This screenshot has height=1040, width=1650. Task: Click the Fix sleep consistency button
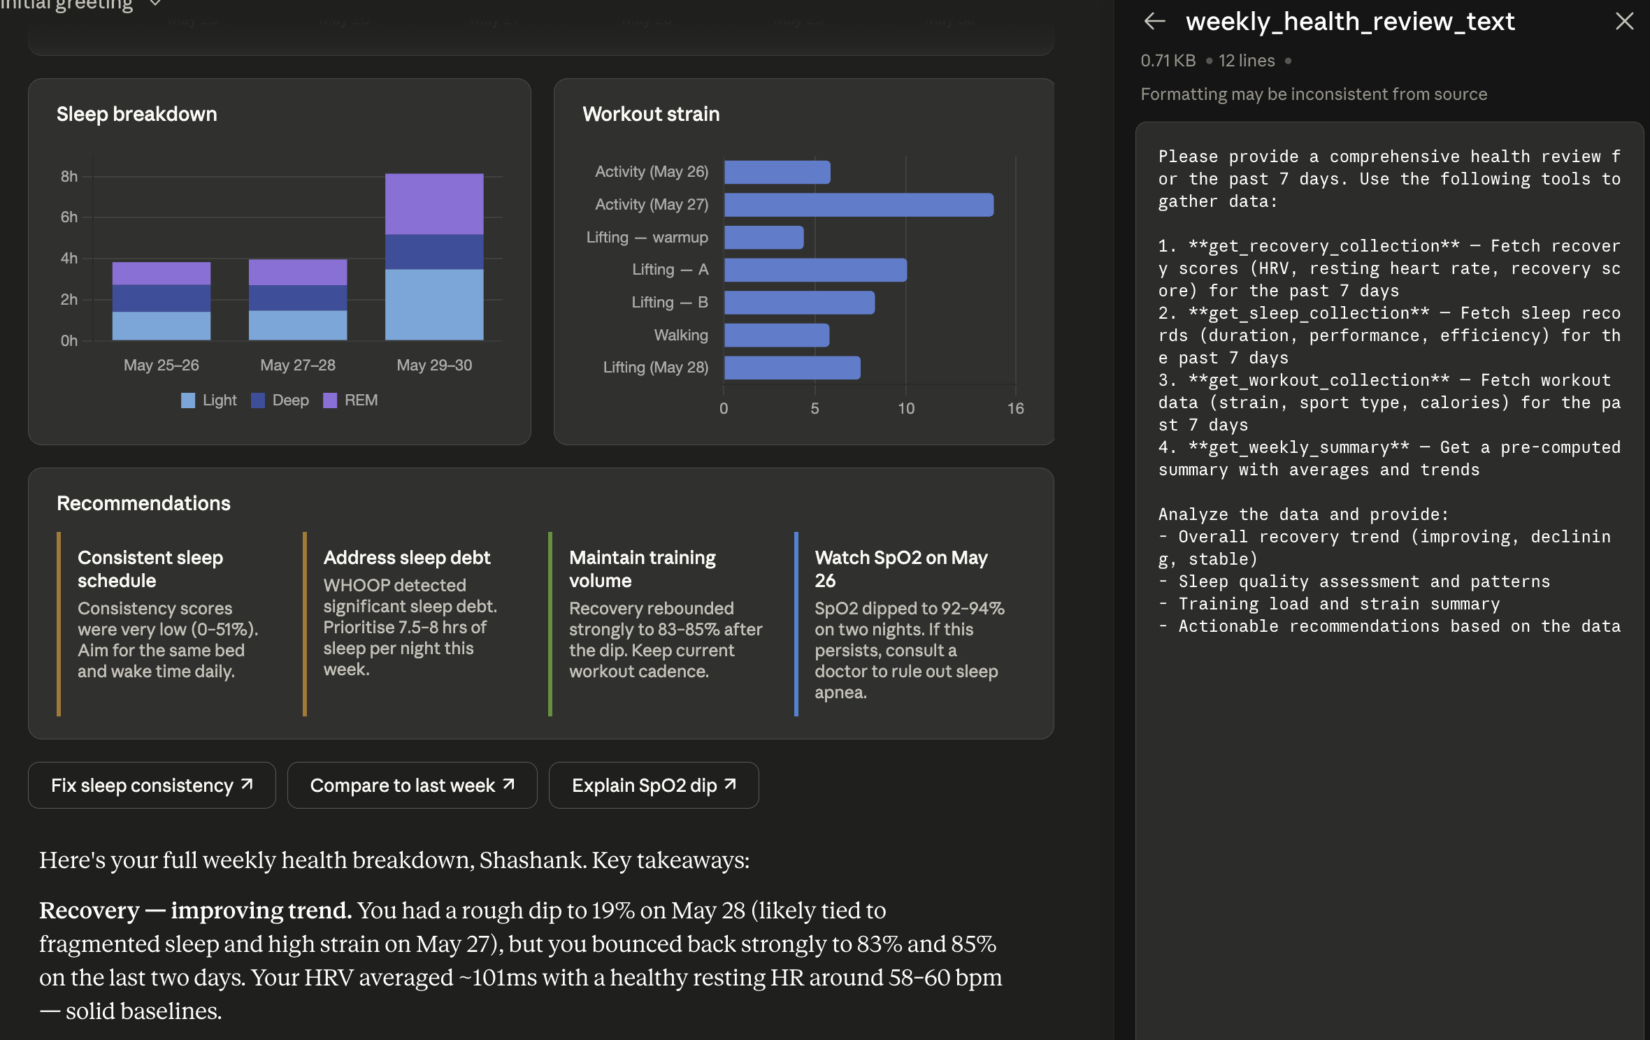152,785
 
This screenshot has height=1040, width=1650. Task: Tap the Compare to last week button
412,785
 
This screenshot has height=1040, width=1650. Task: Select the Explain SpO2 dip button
654,785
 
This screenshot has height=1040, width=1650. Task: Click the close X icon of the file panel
1624,22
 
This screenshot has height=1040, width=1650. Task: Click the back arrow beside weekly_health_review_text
1154,22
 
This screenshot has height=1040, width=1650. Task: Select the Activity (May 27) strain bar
859,205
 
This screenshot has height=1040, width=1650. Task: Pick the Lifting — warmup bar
763,238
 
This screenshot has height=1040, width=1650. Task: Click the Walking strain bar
777,335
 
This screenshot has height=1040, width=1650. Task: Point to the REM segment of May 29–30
434,204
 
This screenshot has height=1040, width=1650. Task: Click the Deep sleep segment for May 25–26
162,298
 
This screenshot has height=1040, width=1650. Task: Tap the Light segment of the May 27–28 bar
298,326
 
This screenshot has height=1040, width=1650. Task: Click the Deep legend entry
280,400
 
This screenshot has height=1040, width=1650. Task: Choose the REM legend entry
350,400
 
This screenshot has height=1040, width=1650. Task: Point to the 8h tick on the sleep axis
69,177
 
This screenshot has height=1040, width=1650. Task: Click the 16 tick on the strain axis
1015,409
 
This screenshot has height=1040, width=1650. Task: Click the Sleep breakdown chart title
137,114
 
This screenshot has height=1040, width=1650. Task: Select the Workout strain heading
651,114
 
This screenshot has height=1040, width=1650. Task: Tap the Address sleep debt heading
407,558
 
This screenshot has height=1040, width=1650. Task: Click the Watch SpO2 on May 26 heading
901,569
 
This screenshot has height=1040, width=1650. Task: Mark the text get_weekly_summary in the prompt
1299,447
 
